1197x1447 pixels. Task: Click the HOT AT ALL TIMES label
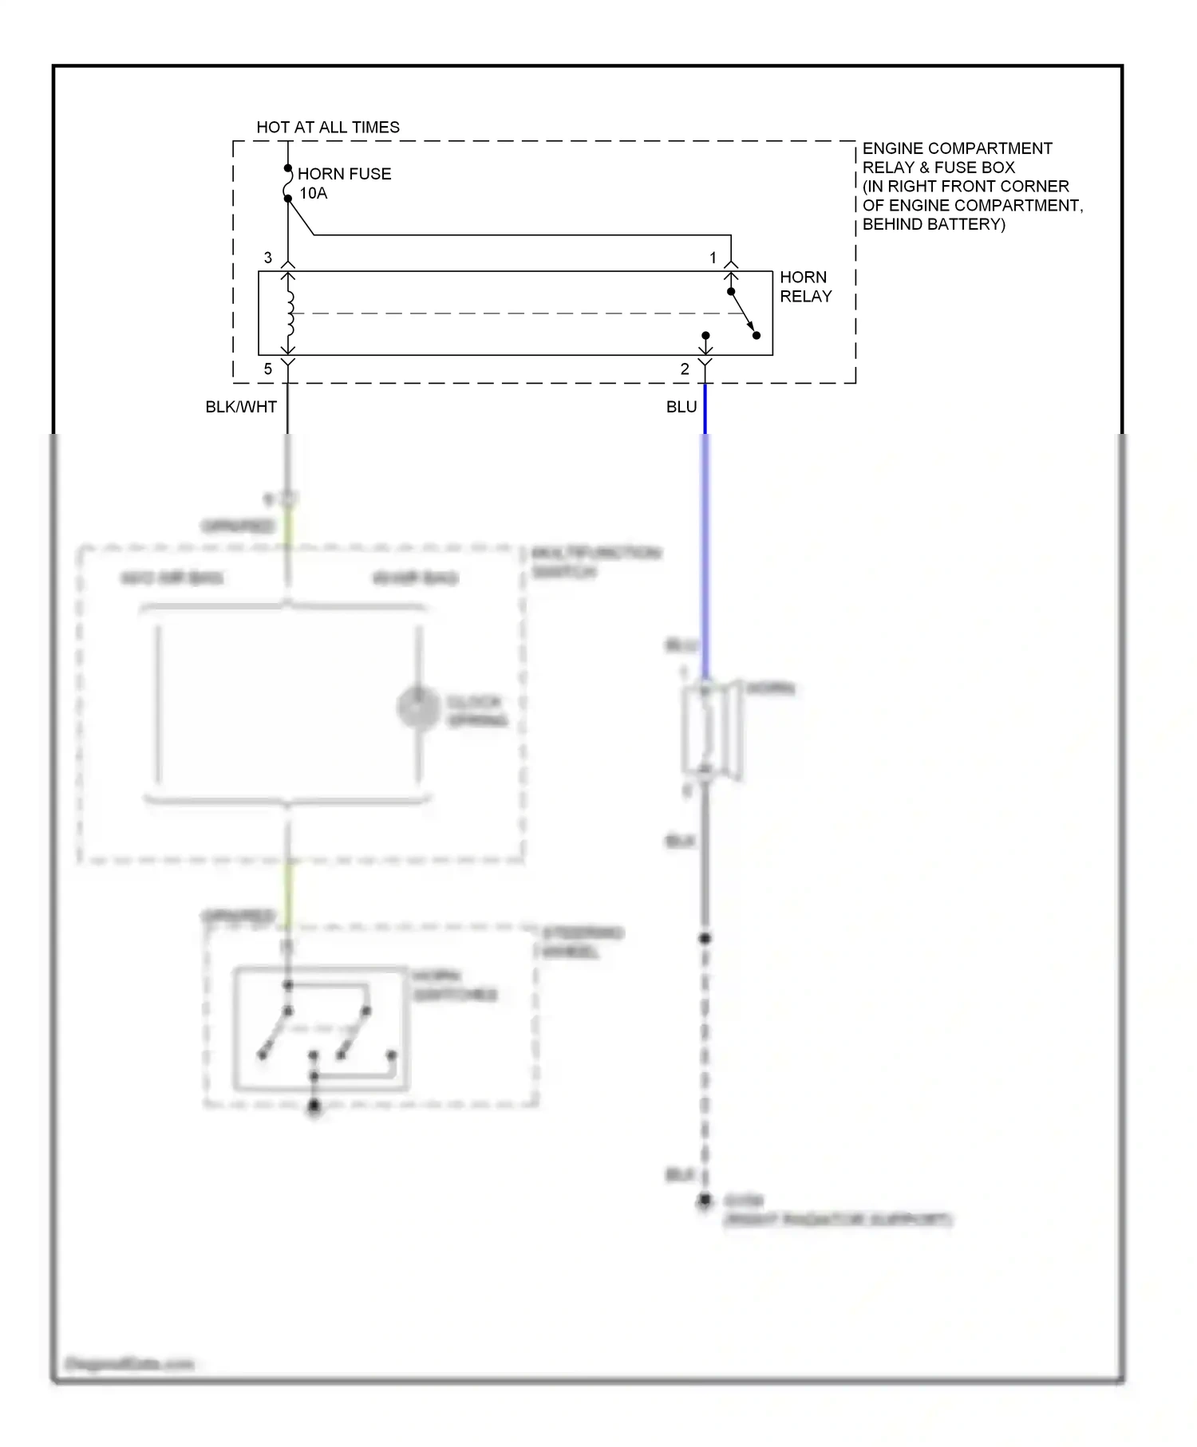327,127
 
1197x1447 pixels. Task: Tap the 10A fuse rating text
314,193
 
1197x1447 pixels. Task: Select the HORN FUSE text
344,174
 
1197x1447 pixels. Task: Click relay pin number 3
268,258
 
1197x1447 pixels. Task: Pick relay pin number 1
713,258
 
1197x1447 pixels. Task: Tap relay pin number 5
268,369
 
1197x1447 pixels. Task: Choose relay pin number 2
685,369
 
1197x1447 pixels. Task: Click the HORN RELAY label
805,286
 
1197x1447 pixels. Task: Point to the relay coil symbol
290,313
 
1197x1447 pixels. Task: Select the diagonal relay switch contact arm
743,313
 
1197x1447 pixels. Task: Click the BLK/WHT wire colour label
241,407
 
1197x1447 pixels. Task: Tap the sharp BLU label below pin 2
681,407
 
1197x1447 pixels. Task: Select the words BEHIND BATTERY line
934,224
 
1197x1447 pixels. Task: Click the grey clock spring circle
418,707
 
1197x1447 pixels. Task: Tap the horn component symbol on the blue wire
711,730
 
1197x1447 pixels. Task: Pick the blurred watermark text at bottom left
129,1364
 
